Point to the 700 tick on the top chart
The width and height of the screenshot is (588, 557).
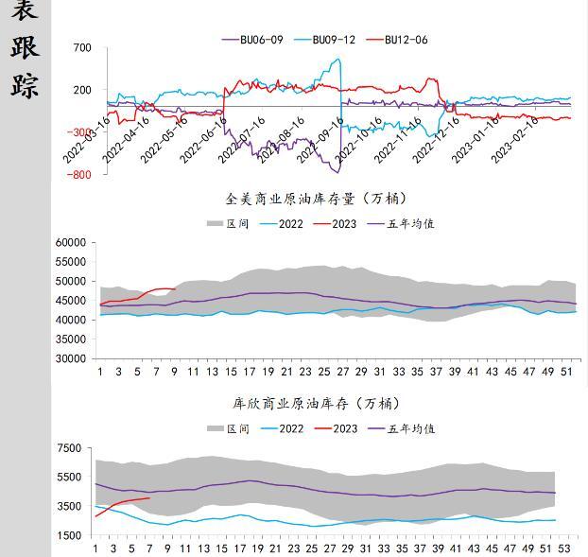click(81, 48)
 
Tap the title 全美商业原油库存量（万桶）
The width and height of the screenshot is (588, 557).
click(316, 199)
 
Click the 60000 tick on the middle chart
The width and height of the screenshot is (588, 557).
click(72, 243)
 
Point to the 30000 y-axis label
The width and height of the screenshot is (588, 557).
click(72, 359)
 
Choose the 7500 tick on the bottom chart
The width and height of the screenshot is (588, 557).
click(70, 448)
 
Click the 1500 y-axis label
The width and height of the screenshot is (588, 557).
click(70, 536)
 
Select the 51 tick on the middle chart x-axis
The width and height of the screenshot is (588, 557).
click(565, 372)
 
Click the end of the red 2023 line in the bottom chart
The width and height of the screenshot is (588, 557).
click(149, 497)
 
